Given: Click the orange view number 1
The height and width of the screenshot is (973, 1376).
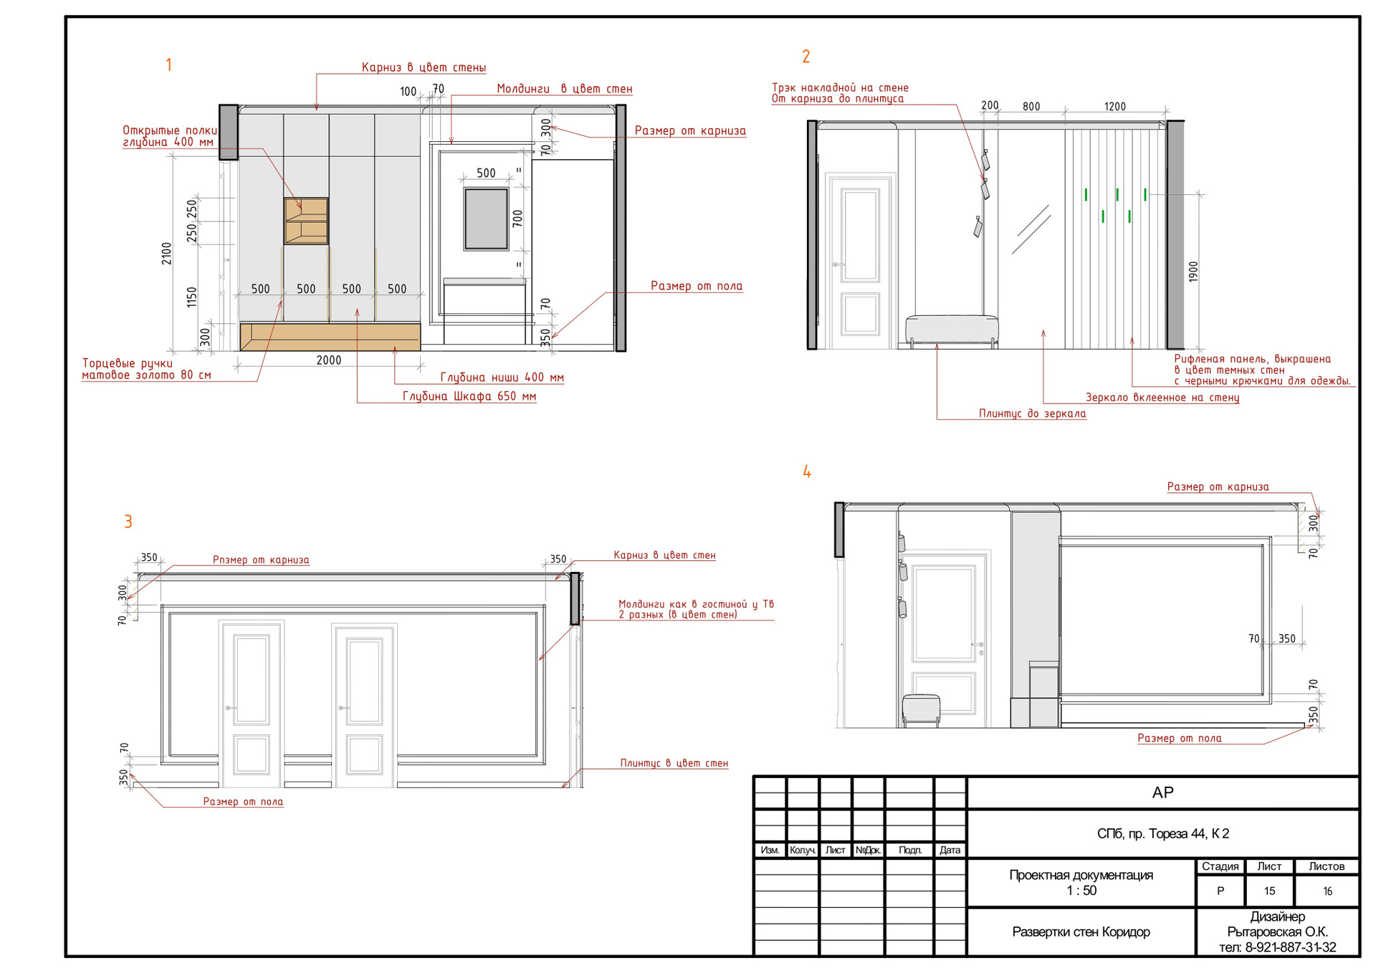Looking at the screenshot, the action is (x=168, y=65).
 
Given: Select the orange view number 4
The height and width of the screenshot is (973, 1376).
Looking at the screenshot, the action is (x=807, y=471).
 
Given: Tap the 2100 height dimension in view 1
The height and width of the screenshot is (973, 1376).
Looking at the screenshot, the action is (x=167, y=254).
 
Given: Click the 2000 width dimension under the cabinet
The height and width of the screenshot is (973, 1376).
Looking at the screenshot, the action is (x=329, y=360).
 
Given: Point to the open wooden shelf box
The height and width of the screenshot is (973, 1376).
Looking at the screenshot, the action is (x=306, y=221).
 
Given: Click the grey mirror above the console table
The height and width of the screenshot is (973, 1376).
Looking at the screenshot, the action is (x=486, y=219).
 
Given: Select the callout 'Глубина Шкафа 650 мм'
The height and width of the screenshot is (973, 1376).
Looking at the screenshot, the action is (x=469, y=396).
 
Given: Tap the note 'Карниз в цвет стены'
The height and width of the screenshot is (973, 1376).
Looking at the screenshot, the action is (x=424, y=67).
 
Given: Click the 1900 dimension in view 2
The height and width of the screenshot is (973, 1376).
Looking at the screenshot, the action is (x=1193, y=272).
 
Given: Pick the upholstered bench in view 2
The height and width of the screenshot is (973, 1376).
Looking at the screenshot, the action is (x=952, y=330).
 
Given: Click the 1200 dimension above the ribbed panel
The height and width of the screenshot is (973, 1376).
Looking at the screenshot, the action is (x=1115, y=107).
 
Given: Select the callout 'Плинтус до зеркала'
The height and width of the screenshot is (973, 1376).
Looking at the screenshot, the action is (x=1032, y=413).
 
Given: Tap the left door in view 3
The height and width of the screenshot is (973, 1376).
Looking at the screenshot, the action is (x=252, y=704).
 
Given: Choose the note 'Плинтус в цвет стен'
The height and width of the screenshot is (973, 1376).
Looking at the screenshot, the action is (x=674, y=763).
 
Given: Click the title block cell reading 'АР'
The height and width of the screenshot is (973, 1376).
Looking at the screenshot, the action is (x=1162, y=792).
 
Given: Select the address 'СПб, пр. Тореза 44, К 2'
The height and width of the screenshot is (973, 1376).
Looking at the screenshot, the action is (x=1162, y=833).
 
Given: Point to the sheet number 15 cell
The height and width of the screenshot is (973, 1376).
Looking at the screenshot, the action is (x=1269, y=891).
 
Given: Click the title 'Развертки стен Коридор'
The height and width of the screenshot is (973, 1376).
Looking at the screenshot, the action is (x=1081, y=931).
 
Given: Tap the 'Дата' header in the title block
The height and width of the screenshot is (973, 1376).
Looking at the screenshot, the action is (x=950, y=850).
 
